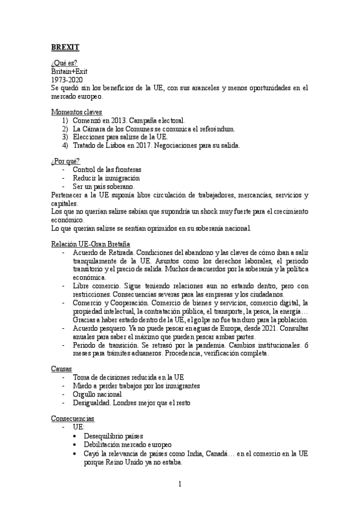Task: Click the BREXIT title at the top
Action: (x=65, y=47)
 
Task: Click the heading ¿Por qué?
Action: (x=66, y=162)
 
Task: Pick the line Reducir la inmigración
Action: (x=106, y=178)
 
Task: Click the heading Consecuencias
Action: (x=73, y=417)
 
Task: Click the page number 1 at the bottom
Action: (x=180, y=483)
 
